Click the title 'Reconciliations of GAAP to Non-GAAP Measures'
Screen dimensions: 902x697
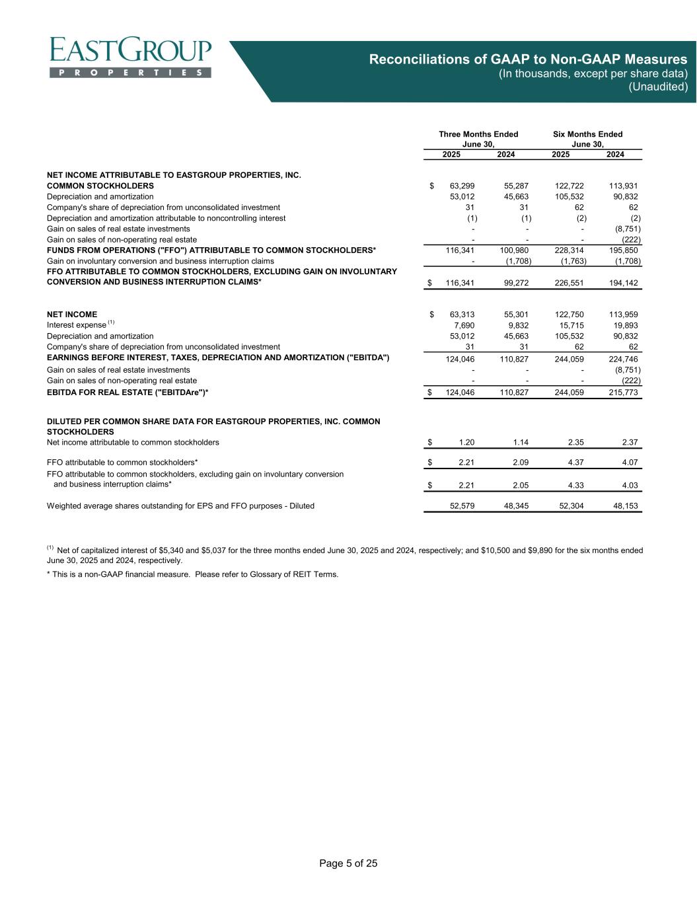coord(528,59)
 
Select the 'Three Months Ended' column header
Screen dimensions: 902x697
coord(478,134)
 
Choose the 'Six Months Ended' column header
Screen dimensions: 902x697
coord(587,134)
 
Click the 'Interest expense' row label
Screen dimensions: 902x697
coord(77,325)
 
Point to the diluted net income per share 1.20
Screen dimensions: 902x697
coord(466,442)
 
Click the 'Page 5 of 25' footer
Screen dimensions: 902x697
coord(348,863)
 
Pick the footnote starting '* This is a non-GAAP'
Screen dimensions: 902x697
coord(192,574)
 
